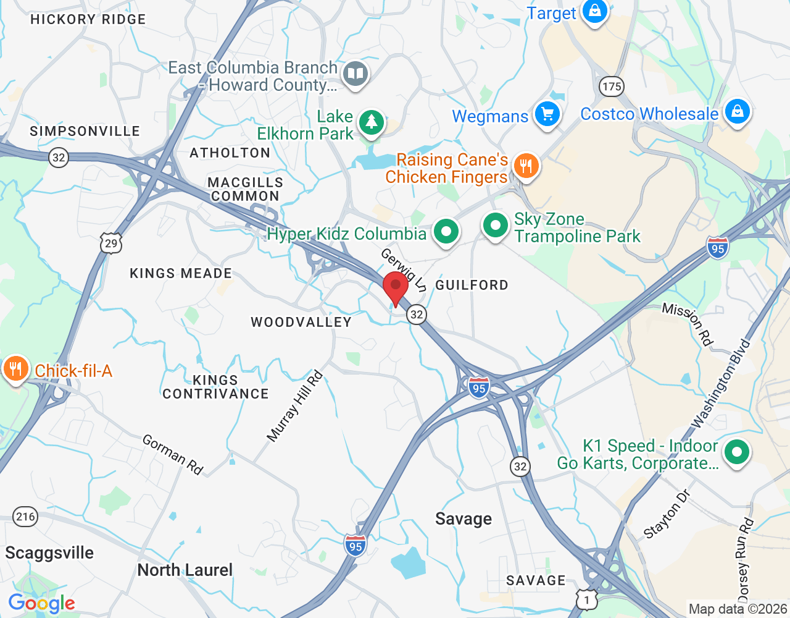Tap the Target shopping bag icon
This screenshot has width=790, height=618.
pos(595,11)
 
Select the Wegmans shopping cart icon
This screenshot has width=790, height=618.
pos(547,114)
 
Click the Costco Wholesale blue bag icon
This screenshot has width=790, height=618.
pos(737,112)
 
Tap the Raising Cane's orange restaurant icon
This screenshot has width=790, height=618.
pos(526,166)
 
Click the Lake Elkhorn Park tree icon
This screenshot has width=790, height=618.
pos(371,122)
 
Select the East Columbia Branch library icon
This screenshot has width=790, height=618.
pos(355,74)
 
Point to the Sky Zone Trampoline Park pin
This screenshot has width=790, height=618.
pos(495,226)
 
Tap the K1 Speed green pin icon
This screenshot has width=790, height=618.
pos(736,452)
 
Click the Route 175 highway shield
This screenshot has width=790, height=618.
pos(612,87)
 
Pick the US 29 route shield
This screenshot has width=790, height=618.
pos(111,243)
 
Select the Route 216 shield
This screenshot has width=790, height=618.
pos(25,517)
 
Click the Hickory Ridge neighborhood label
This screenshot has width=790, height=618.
pos(88,19)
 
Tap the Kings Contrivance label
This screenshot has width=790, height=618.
pos(215,387)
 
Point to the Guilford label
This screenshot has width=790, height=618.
pos(472,285)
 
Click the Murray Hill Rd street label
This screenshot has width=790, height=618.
pos(295,406)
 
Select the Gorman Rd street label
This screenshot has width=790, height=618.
pos(173,454)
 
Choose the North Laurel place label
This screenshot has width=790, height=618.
pos(185,570)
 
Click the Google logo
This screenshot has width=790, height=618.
pos(42,603)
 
